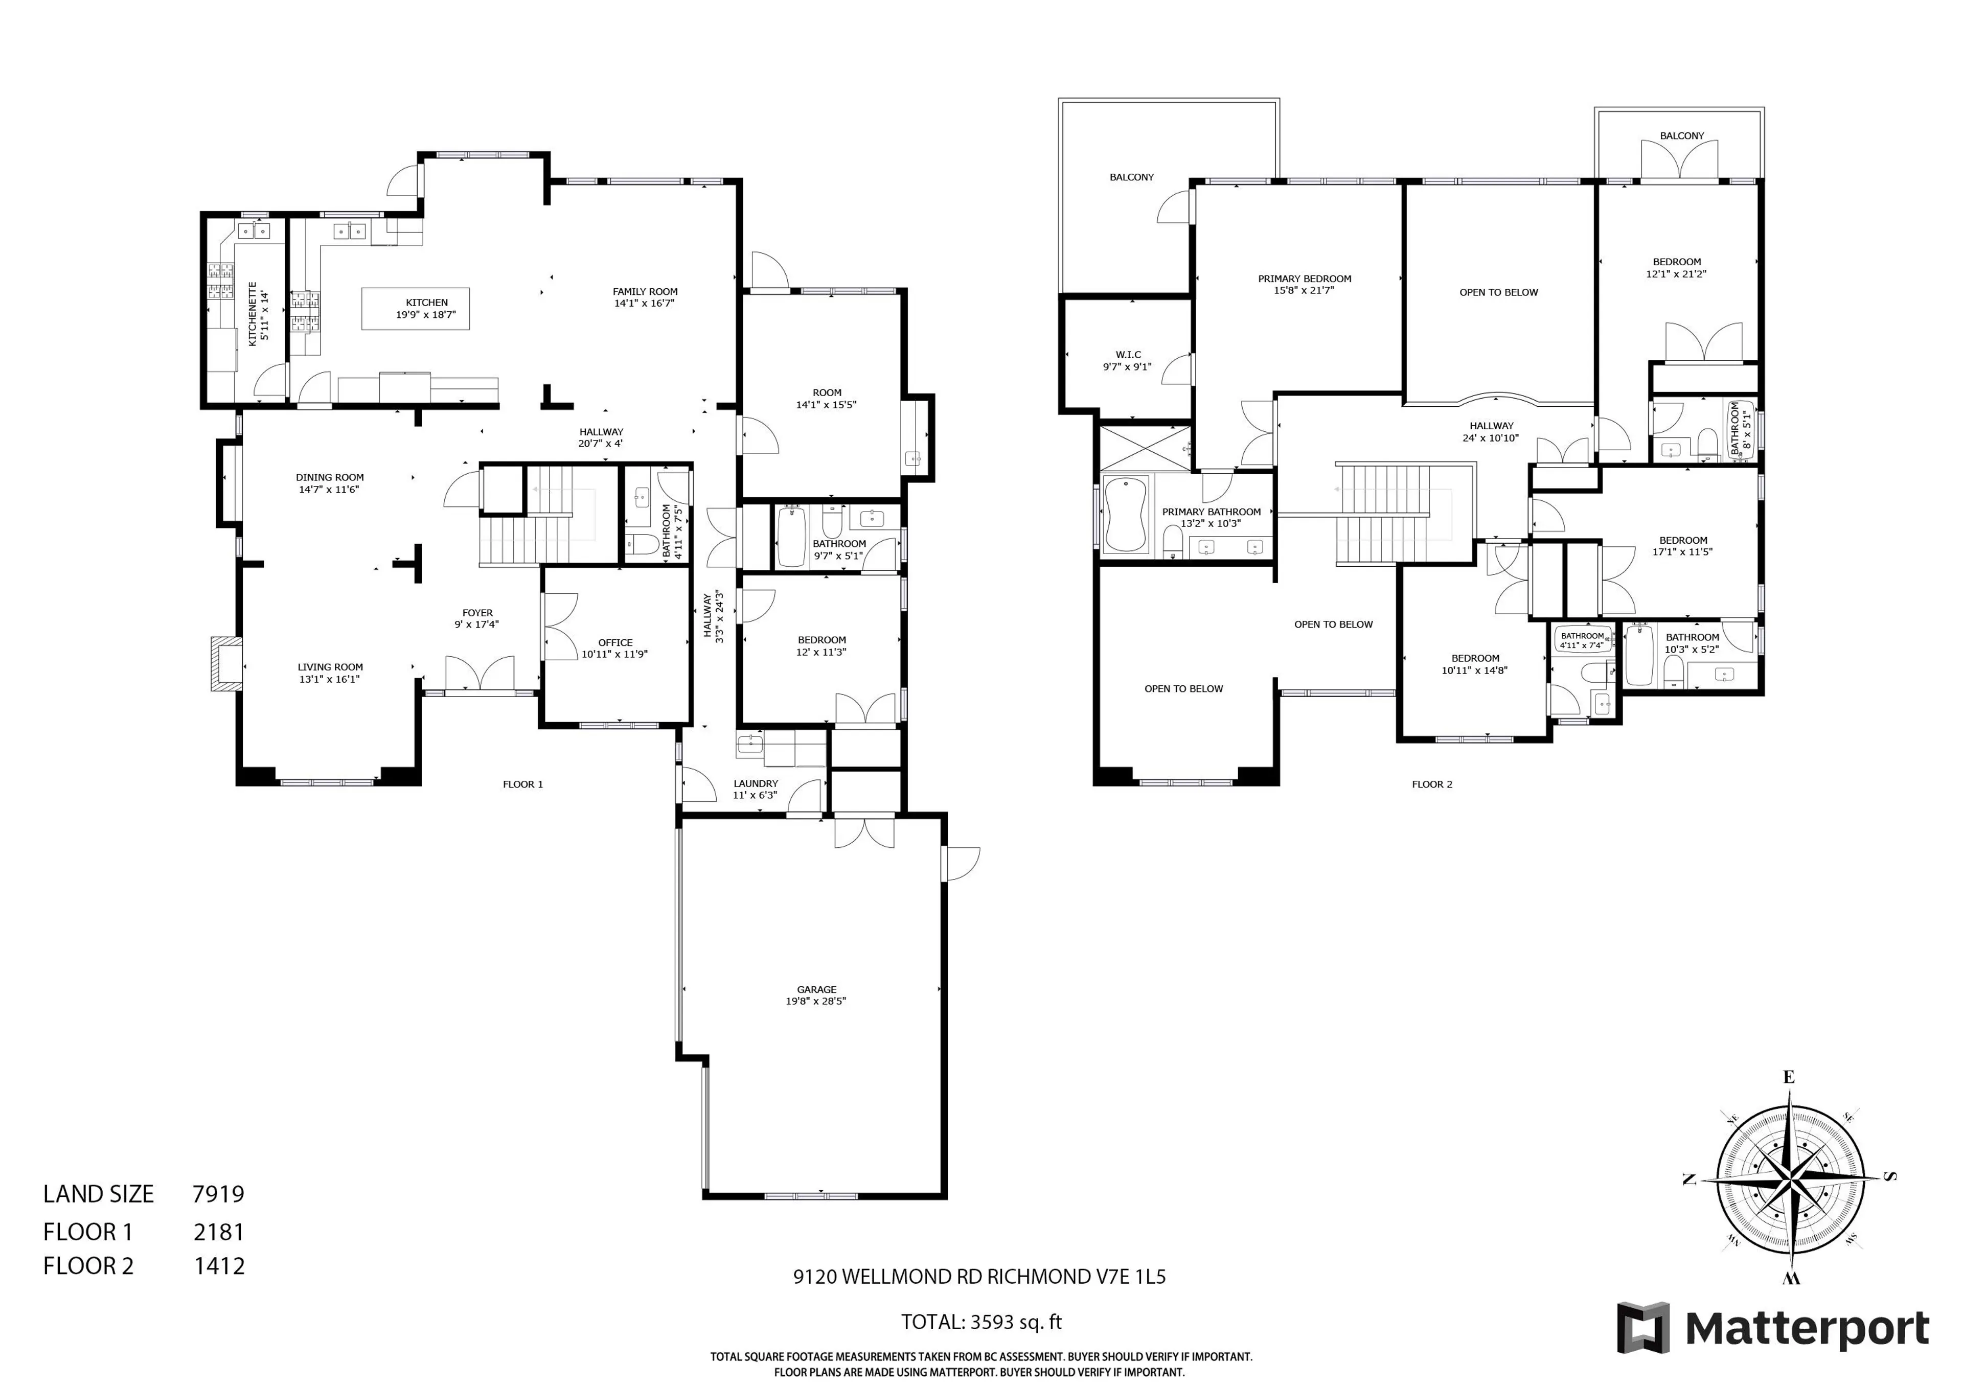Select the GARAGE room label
pyautogui.click(x=816, y=989)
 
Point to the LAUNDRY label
pyautogui.click(x=756, y=783)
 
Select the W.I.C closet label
pyautogui.click(x=1128, y=355)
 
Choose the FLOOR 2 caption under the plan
pyautogui.click(x=1431, y=784)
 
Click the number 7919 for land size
pyautogui.click(x=218, y=1194)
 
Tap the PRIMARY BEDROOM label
pyautogui.click(x=1304, y=279)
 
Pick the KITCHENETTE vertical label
pyautogui.click(x=253, y=314)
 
